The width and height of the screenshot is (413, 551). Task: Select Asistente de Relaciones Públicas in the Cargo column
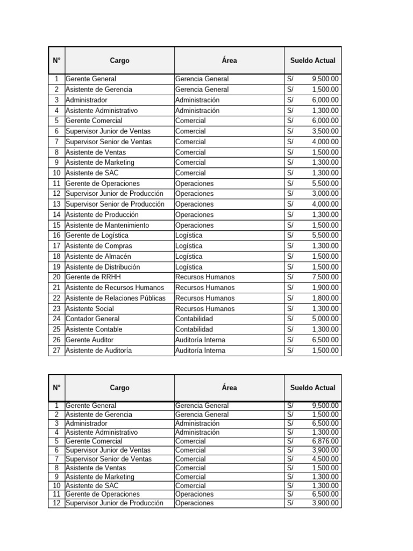tap(116, 298)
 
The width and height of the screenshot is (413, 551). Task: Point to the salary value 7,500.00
tap(325, 277)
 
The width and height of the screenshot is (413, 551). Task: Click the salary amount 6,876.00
tap(325, 441)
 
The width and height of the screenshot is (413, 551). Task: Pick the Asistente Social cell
tap(90, 309)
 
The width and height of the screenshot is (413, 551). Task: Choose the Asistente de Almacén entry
tap(98, 257)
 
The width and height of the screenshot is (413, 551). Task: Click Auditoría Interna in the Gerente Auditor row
tap(201, 340)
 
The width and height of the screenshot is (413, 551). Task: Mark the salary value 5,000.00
tap(325, 319)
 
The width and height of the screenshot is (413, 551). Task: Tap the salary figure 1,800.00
tap(325, 298)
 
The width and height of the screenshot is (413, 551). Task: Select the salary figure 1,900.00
tap(325, 288)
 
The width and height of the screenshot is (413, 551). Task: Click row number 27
tap(56, 350)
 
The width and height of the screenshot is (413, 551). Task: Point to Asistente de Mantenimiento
tap(108, 225)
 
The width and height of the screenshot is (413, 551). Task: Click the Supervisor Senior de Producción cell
tap(115, 204)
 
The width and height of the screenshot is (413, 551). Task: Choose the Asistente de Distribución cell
tap(103, 267)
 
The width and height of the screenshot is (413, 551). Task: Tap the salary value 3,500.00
tap(325, 131)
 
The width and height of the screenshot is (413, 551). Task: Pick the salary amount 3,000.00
tap(325, 194)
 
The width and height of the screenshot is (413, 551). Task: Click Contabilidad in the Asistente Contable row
tap(194, 329)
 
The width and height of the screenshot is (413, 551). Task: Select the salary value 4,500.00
tap(325, 459)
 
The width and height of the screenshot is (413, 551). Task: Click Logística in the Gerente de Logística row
tap(189, 236)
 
